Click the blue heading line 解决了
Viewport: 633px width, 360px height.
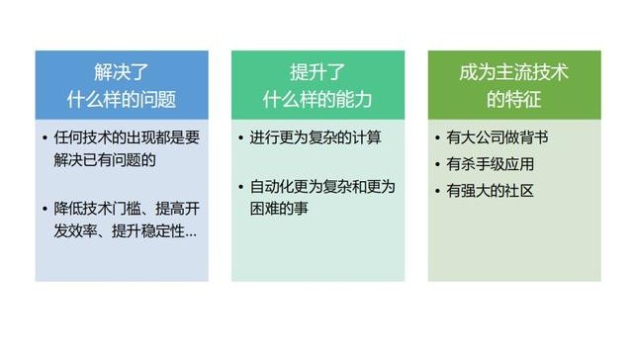tap(122, 73)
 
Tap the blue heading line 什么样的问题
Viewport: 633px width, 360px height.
tap(122, 99)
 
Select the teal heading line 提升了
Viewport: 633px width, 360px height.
tap(317, 73)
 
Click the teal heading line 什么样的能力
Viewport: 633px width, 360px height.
tap(317, 99)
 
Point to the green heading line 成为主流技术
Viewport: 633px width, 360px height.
tap(513, 73)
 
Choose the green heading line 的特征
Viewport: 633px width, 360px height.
tap(513, 99)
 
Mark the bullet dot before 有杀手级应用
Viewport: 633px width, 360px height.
tap(440, 162)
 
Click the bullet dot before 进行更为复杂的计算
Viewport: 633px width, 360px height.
tap(242, 136)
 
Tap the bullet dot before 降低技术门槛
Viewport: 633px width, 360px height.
tap(45, 208)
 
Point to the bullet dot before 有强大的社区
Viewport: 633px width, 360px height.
tap(440, 188)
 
